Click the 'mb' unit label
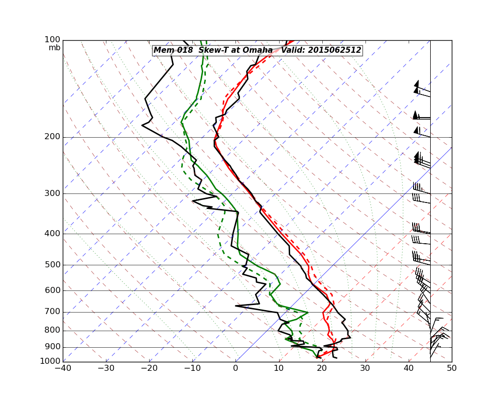click(54, 48)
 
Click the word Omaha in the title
click(257, 50)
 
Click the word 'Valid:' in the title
click(293, 50)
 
